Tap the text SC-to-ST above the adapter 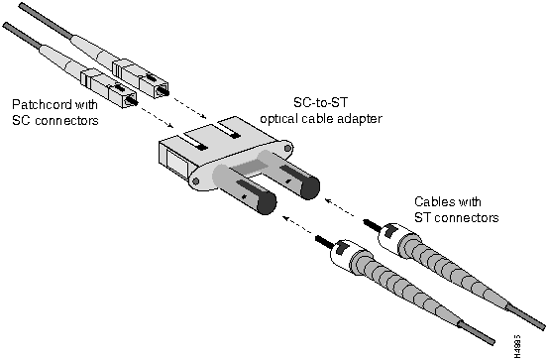coord(321,102)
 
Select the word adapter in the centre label coord(359,119)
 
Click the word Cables coord(434,202)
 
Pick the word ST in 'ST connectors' coord(422,217)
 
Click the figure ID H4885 coord(517,346)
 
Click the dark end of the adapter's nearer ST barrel coord(267,203)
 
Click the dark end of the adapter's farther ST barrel coord(309,187)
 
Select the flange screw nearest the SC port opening coord(196,181)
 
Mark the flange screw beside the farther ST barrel coord(287,149)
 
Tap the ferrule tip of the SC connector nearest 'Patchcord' coord(132,100)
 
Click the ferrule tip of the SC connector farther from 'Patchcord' coord(164,91)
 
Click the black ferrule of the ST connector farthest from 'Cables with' coord(324,242)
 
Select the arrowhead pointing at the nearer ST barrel coord(285,219)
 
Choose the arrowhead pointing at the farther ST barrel coord(328,200)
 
